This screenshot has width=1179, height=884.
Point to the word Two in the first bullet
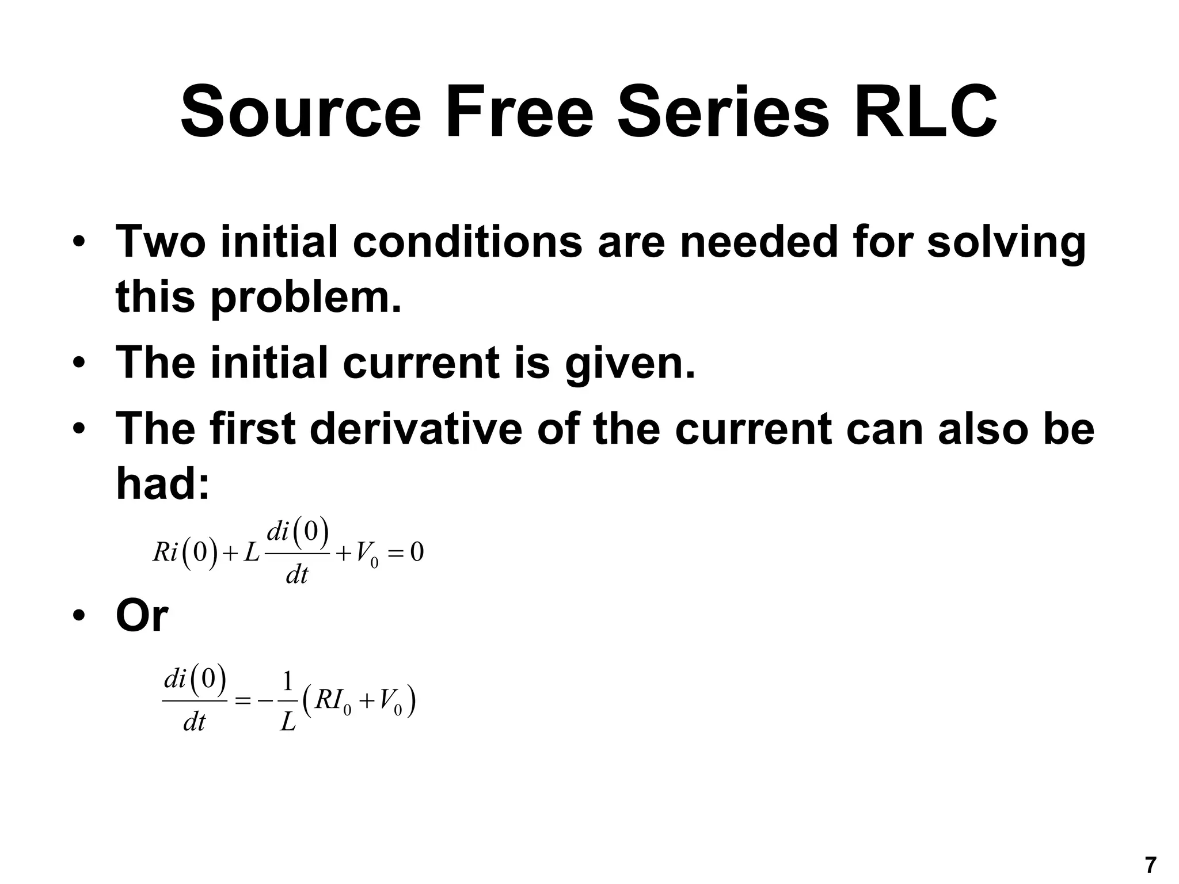161,242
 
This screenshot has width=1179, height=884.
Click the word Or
142,616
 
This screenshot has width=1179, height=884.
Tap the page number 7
1150,865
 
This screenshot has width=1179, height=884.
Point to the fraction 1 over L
287,701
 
